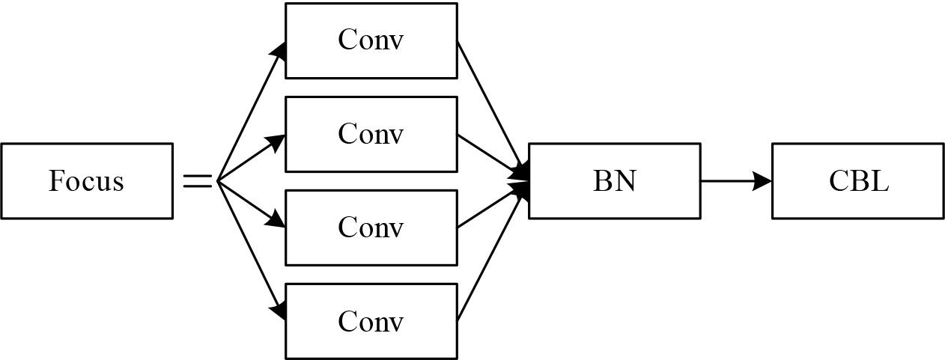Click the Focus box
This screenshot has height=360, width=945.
87,181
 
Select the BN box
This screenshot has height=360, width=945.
614,181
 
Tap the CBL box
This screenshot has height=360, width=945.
858,181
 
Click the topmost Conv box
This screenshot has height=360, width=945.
371,40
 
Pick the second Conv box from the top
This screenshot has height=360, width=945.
371,134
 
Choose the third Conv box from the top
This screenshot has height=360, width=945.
371,228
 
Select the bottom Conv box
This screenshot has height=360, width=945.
371,321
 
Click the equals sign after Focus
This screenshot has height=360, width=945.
198,181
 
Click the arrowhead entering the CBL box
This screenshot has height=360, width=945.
764,181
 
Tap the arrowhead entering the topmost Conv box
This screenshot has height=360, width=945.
279,50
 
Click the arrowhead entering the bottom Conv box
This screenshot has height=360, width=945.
279,311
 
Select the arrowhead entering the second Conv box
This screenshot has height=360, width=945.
276,141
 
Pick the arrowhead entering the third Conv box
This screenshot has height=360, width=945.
276,220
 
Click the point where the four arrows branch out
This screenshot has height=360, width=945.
218,181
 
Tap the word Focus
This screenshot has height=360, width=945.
86,181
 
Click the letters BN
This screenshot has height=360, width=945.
614,181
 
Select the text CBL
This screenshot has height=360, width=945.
858,181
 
